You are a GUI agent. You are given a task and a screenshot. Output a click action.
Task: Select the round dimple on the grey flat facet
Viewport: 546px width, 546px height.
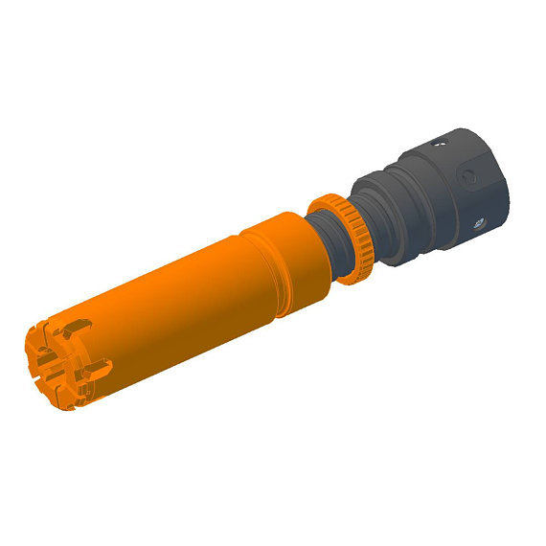point(467,177)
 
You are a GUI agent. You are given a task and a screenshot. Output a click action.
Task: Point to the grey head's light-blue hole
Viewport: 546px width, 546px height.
point(479,224)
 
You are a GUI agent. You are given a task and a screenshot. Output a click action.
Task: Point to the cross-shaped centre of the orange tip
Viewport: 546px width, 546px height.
point(49,364)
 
